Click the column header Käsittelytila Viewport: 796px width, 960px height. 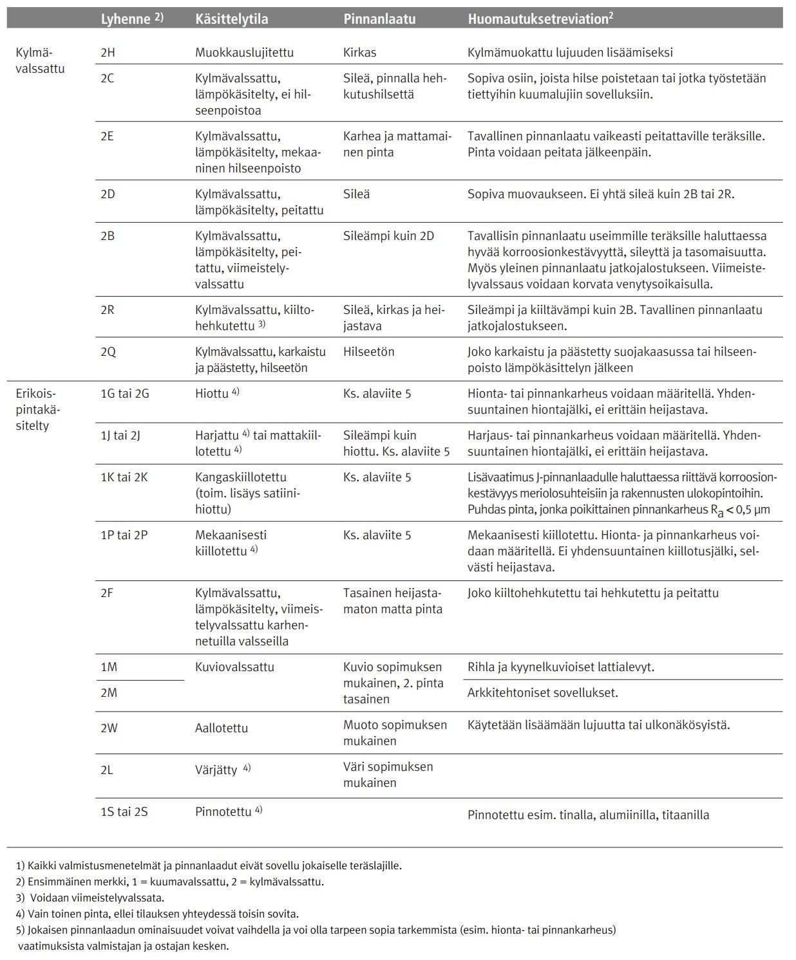231,19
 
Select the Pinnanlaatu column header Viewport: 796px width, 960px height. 379,19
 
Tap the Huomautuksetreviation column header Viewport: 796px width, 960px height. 540,19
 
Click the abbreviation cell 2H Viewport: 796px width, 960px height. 108,53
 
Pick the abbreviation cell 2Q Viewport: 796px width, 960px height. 108,352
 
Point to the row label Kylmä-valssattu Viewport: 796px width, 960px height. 39,60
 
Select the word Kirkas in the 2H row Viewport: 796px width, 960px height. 359,53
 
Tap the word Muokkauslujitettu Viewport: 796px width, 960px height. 244,53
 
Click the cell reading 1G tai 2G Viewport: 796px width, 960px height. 125,393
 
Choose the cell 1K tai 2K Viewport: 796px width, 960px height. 124,477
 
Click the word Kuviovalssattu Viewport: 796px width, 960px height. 234,667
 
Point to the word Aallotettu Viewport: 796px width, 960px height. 222,728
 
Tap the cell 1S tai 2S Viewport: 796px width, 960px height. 124,812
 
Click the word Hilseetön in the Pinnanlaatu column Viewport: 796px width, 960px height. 368,352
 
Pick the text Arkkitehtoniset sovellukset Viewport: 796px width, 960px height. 542,693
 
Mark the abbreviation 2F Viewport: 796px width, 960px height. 107,593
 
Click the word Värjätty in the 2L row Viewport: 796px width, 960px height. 216,770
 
